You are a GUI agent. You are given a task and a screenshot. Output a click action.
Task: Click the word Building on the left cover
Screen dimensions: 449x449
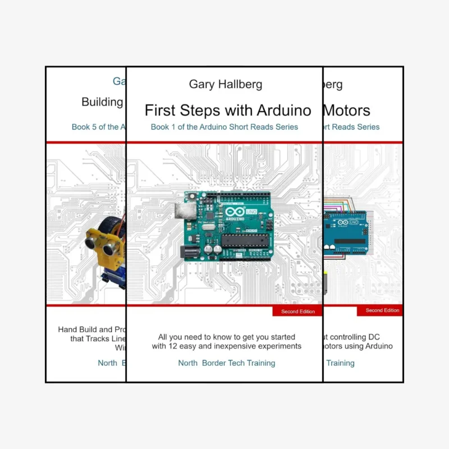pyautogui.click(x=103, y=102)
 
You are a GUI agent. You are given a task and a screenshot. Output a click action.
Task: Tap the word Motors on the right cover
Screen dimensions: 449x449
pyautogui.click(x=346, y=109)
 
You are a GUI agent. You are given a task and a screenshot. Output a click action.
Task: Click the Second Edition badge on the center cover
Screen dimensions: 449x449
pyautogui.click(x=297, y=311)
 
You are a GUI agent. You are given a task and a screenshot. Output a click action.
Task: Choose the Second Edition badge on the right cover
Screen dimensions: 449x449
pyautogui.click(x=381, y=310)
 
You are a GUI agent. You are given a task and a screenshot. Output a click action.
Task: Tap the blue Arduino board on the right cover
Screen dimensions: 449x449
pyautogui.click(x=346, y=230)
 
